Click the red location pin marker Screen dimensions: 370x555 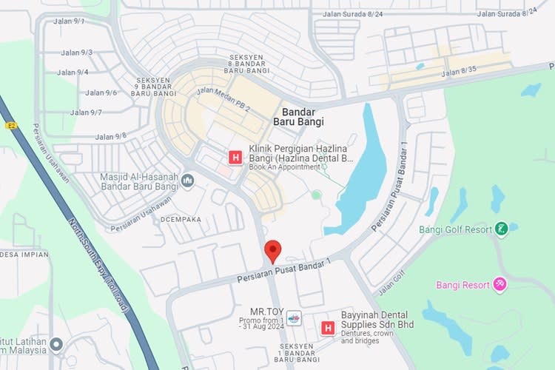tap(272, 251)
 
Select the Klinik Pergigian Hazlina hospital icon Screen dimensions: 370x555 tap(235, 157)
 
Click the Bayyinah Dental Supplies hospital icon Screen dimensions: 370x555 tap(327, 327)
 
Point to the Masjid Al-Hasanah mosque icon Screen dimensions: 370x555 tap(188, 180)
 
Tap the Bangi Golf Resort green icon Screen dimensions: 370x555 tap(502, 229)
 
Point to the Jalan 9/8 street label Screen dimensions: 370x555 tap(111, 136)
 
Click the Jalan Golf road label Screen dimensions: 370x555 tap(393, 281)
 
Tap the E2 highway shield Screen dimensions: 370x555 tap(10, 126)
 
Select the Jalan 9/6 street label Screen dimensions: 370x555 tap(101, 92)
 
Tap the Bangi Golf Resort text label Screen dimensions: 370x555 tap(455, 229)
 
